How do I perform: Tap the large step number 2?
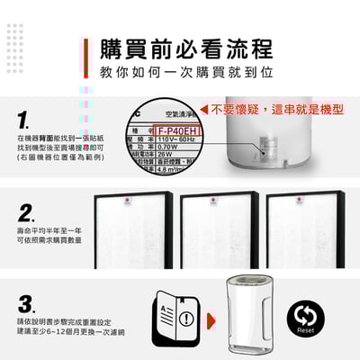[27, 214]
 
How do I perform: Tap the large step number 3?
[27, 303]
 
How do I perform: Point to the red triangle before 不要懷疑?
[205, 109]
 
